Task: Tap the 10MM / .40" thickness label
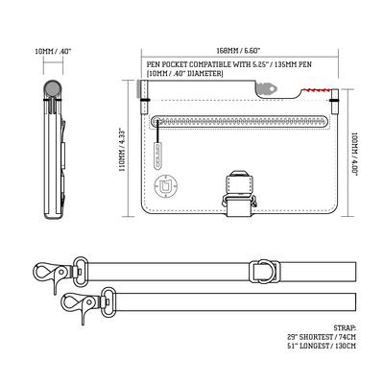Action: tap(52, 51)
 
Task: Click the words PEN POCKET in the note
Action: tap(168, 65)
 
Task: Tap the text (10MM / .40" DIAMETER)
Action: tap(184, 74)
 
